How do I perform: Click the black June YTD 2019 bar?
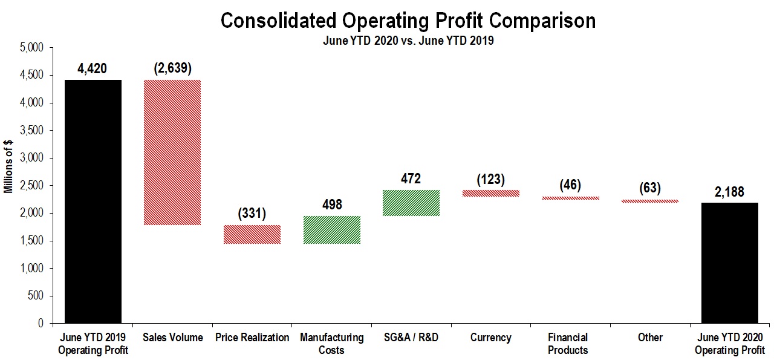(93, 201)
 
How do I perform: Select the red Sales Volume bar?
(172, 152)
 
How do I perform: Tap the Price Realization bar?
(252, 235)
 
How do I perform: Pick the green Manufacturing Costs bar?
(332, 230)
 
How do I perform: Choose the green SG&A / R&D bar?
(411, 203)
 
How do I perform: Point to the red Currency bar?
(490, 194)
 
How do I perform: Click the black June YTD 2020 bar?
(730, 263)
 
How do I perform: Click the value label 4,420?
(92, 68)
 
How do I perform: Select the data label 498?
(332, 205)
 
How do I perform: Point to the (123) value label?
(490, 179)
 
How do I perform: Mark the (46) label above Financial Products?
(570, 185)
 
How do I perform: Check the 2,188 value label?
(729, 192)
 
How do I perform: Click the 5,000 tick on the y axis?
(32, 47)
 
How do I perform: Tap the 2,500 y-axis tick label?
(32, 185)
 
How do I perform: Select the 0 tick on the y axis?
(41, 323)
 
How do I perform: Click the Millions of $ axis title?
(8, 166)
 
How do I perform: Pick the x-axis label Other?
(650, 337)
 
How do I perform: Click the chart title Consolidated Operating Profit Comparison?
(408, 21)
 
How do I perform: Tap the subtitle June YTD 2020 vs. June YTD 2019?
(408, 41)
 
